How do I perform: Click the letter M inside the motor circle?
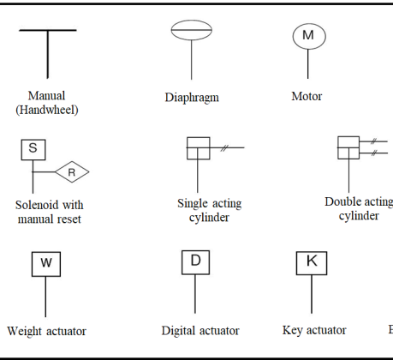(308, 35)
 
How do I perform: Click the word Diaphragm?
(192, 98)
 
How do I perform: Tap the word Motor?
(307, 96)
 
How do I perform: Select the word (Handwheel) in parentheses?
(47, 110)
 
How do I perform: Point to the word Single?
(191, 204)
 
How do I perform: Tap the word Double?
(341, 201)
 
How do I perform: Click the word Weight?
(25, 332)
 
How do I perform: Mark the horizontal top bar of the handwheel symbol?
(48, 30)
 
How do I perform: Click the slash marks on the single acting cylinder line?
(224, 147)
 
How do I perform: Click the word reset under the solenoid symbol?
(69, 219)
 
